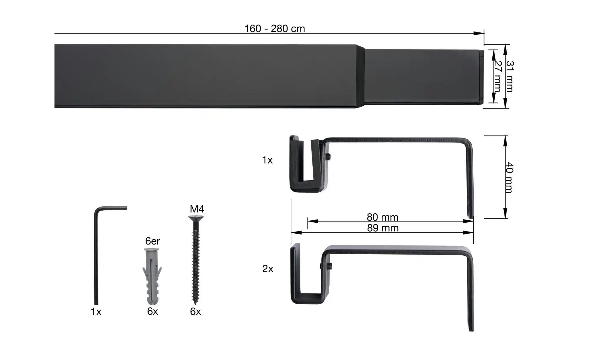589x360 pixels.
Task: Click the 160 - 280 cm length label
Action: pos(274,29)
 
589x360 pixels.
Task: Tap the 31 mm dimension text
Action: pos(510,76)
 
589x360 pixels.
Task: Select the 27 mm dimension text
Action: pos(497,76)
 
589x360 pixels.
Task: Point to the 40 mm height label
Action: pos(510,177)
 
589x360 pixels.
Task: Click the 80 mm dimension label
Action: pos(382,217)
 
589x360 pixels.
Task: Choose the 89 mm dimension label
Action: pos(383,228)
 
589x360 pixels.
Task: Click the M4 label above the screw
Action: pos(197,209)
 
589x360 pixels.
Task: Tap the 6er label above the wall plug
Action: pos(152,241)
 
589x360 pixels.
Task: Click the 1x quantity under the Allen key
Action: pos(96,312)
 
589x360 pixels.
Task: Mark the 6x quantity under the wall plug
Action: pos(153,311)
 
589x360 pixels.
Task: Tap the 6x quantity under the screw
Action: pos(195,311)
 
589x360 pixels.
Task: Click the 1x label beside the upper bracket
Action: pos(267,160)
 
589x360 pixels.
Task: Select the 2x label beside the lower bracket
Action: pos(267,269)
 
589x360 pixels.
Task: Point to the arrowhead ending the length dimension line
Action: pos(479,33)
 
